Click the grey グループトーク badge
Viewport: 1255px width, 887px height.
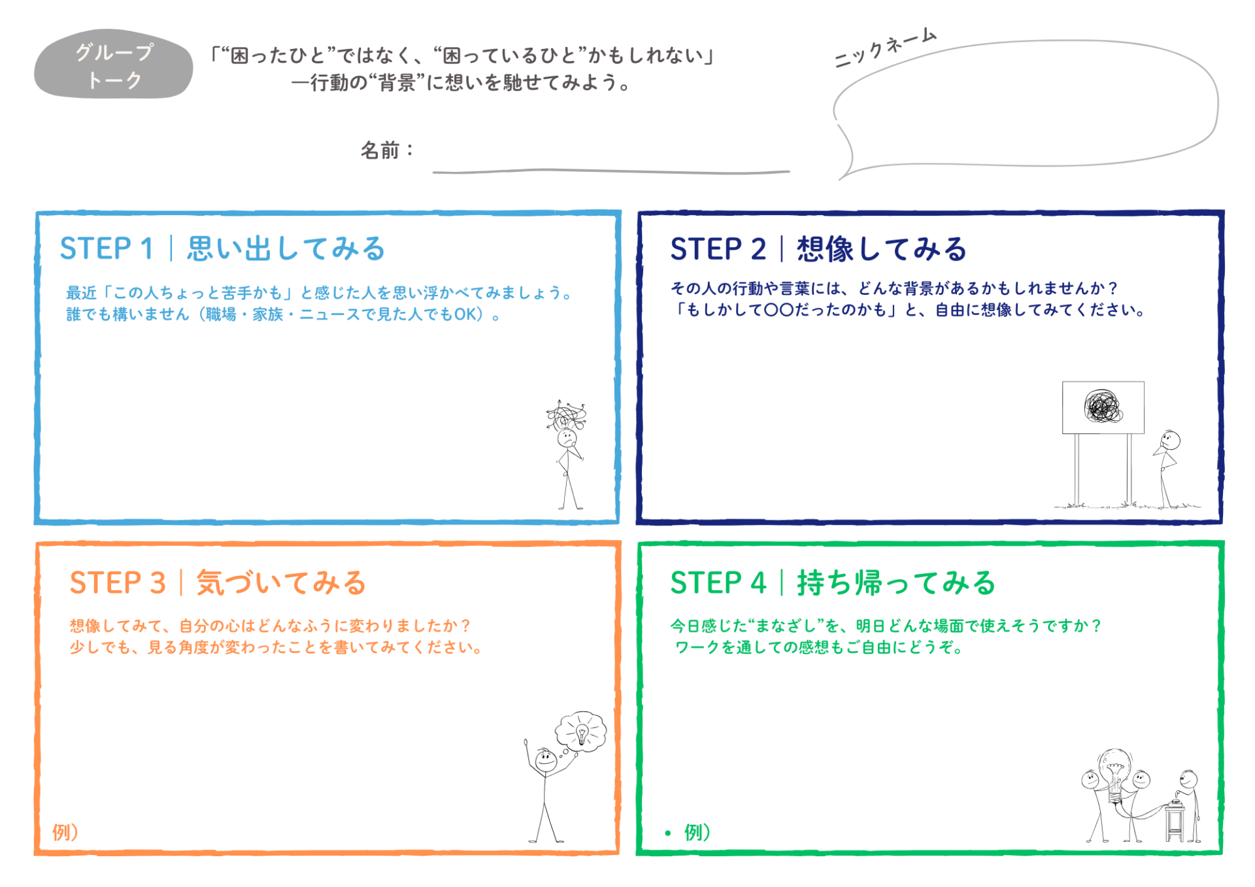pos(113,65)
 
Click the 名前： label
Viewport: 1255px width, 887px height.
pos(387,150)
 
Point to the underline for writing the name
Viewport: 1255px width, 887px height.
pos(611,171)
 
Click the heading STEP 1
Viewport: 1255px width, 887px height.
pos(107,248)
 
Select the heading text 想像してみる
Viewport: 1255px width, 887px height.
pos(881,249)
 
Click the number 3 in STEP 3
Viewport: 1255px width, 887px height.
pos(158,582)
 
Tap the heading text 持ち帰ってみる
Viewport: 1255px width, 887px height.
pos(895,582)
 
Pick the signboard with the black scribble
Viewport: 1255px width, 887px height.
pos(1103,407)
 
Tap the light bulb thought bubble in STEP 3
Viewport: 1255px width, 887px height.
pos(580,731)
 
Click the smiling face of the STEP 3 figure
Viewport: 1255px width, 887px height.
pos(545,760)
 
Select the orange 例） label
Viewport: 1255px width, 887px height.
pos(65,832)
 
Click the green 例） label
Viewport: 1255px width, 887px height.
pos(697,832)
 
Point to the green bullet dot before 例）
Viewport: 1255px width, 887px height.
pos(667,833)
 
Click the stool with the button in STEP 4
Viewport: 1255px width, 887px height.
pos(1175,820)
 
